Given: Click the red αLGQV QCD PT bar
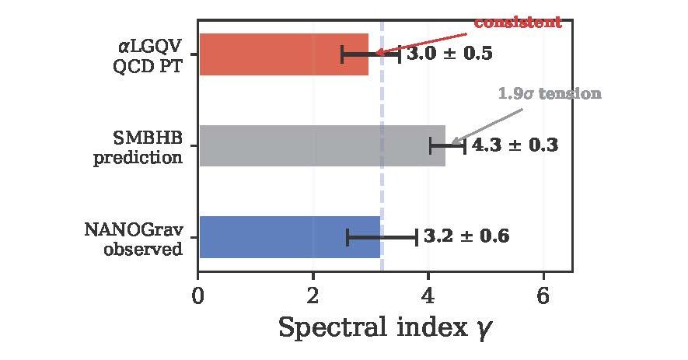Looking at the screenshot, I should [x=284, y=54].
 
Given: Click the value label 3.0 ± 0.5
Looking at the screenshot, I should [x=449, y=54].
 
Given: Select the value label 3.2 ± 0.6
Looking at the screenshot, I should [x=466, y=236].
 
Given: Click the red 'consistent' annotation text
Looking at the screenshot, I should [x=517, y=23].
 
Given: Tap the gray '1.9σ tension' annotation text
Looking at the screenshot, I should [x=549, y=93].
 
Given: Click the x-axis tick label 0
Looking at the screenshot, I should [x=198, y=296].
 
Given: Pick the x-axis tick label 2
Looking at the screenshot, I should [x=313, y=296].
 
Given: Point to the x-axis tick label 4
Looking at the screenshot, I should [x=428, y=296].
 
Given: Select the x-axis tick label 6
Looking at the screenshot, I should [x=543, y=296].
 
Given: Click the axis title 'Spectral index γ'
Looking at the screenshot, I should [x=385, y=328].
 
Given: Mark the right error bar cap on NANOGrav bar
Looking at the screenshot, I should [x=417, y=236].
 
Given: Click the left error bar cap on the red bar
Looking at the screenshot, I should [x=342, y=54].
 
